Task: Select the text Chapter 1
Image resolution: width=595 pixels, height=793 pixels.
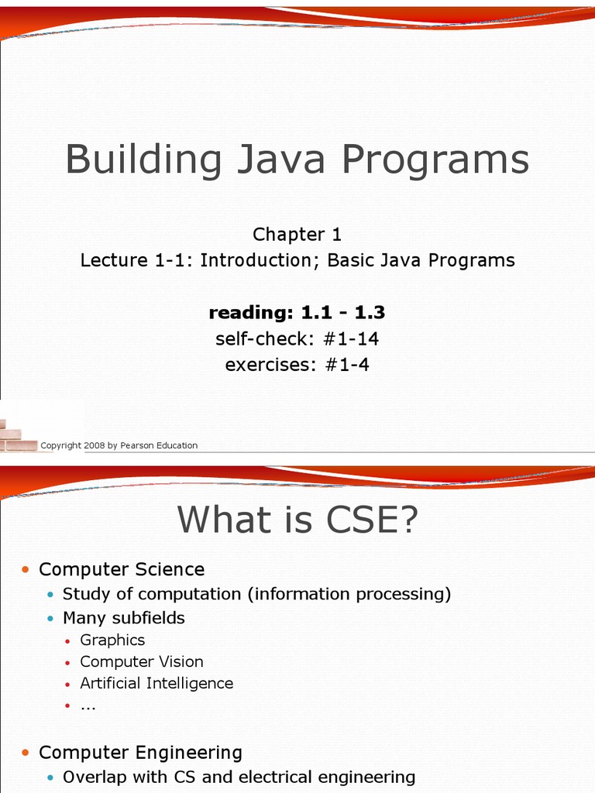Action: [x=297, y=235]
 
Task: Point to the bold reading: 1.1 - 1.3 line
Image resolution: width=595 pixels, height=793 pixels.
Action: [x=297, y=313]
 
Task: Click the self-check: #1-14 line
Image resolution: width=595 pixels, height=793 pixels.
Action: [x=297, y=338]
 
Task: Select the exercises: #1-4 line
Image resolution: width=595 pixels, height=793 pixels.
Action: [x=297, y=364]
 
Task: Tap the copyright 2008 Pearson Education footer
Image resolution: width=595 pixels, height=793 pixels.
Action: [x=119, y=445]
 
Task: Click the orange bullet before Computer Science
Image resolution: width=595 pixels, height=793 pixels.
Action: [x=26, y=570]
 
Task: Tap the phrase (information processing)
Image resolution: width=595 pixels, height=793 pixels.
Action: [x=349, y=594]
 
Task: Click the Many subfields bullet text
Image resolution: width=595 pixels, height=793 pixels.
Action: [x=124, y=618]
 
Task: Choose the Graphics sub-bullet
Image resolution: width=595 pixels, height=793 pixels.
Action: [x=112, y=640]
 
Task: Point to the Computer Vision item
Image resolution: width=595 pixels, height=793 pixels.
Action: [x=142, y=661]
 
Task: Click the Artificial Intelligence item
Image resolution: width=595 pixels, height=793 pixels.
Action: [x=156, y=683]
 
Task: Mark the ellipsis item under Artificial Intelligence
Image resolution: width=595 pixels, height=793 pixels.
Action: [x=88, y=705]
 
